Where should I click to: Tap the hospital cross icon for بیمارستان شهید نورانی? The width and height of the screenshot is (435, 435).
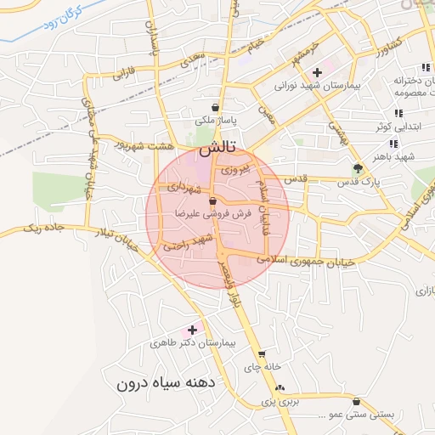tap(317, 72)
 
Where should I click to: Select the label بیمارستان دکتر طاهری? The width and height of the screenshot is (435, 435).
tap(196, 342)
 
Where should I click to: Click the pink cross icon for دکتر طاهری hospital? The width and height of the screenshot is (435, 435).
tap(192, 329)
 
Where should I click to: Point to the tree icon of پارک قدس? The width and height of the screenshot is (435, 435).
tap(358, 167)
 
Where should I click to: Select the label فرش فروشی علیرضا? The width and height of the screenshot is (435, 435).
tap(213, 214)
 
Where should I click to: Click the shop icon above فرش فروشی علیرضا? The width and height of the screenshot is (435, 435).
tap(212, 201)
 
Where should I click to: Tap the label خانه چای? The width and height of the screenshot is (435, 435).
tap(261, 368)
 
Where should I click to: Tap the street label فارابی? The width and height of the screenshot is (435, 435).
tap(124, 73)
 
